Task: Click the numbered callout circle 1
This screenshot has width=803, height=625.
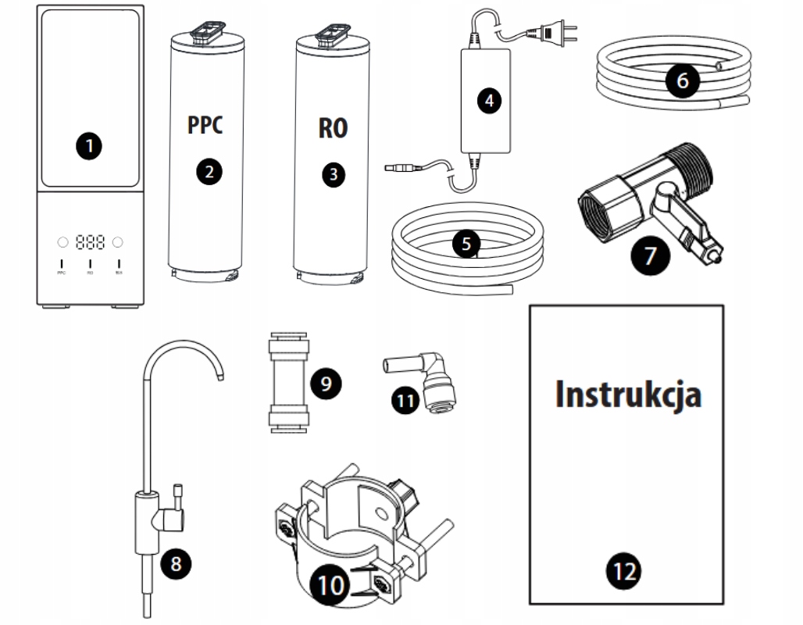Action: coord(91,146)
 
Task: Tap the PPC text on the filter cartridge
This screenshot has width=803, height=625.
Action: coord(205,125)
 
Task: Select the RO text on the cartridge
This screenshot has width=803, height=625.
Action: coord(333,128)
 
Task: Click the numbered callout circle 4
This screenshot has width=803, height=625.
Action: coord(489,100)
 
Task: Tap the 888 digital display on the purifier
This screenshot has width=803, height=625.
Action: coord(90,242)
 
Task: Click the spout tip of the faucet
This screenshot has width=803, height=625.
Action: coord(221,377)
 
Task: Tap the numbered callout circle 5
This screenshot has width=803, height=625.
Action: coord(466,243)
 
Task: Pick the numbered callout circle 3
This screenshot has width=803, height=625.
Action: coord(333,175)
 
